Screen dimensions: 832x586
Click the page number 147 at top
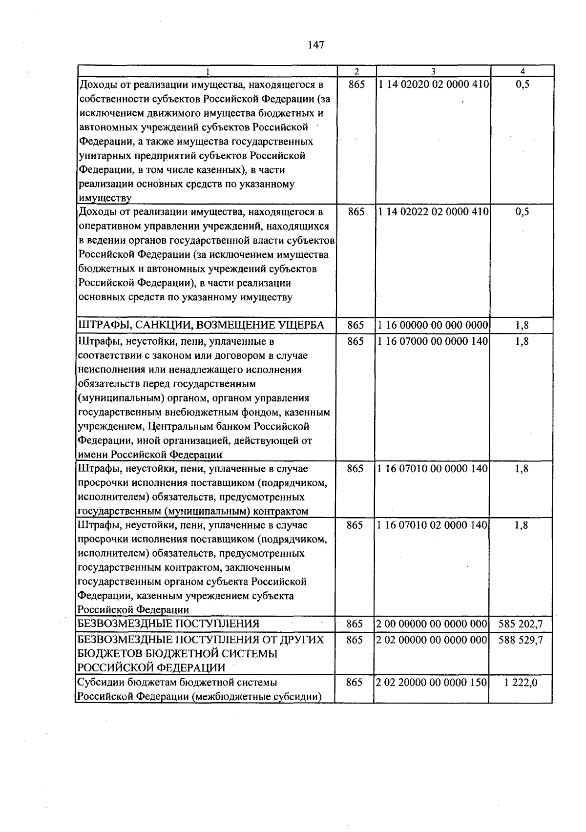316,45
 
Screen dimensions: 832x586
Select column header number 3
433,71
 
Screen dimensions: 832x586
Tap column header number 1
208,71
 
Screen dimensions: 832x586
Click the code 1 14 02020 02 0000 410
433,84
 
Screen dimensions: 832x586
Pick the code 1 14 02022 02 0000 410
433,212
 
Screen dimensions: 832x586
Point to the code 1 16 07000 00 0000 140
433,341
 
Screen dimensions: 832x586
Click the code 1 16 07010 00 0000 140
433,469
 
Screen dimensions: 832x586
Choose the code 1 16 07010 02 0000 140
433,525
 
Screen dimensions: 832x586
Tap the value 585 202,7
521,624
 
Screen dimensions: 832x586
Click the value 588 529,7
521,640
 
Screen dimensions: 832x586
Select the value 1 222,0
521,683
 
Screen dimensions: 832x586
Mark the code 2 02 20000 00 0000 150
432,683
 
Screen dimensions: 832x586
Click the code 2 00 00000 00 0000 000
432,624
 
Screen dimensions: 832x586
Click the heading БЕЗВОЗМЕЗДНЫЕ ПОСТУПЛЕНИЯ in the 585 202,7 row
168,624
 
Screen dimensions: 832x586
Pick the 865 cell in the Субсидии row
355,683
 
